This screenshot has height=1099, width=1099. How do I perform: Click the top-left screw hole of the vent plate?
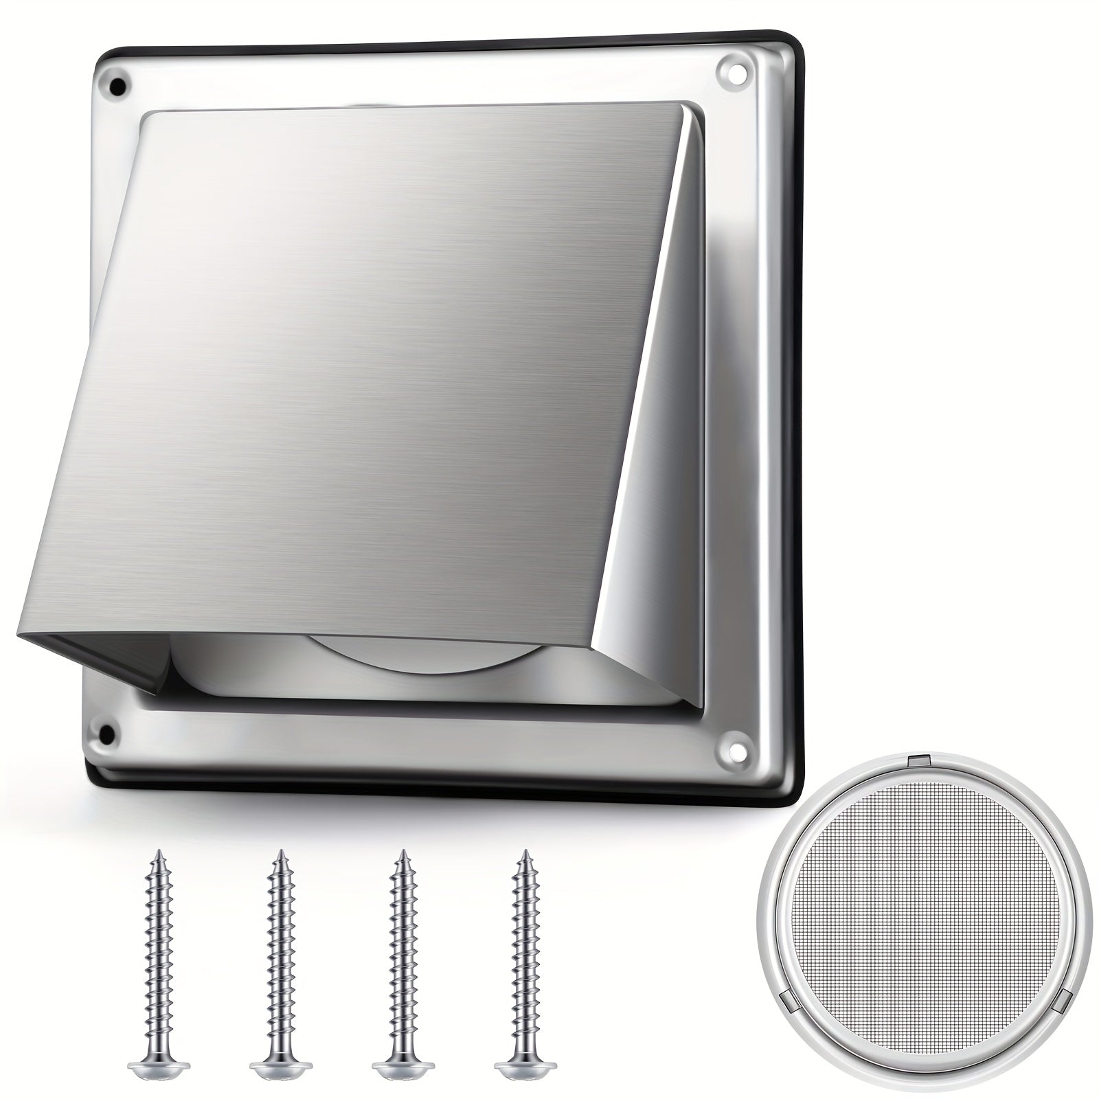point(118,87)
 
